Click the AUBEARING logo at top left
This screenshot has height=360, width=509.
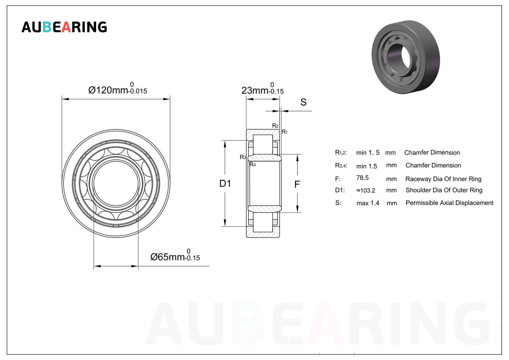tap(64, 27)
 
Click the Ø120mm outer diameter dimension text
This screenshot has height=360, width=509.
tap(117, 88)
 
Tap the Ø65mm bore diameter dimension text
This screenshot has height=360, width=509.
tap(175, 255)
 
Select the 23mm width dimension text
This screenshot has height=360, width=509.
tap(262, 89)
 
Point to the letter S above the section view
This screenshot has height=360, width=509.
tap(303, 102)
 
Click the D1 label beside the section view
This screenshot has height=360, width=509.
tap(225, 183)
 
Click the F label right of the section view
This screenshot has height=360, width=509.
tap(297, 184)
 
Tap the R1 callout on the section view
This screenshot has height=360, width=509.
tap(285, 132)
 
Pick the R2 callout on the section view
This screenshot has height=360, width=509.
tap(275, 125)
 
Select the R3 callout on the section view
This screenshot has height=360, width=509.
tap(243, 157)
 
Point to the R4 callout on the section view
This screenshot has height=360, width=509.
tap(253, 164)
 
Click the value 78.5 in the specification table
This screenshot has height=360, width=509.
tap(362, 178)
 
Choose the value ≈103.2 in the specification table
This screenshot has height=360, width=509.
tap(366, 190)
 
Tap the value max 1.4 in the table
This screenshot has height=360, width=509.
tap(368, 203)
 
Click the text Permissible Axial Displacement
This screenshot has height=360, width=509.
tap(449, 203)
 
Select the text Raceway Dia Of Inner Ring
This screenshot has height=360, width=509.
tap(443, 179)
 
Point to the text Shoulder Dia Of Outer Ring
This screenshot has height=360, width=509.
tap(444, 190)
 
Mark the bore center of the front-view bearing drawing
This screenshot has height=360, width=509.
tap(116, 183)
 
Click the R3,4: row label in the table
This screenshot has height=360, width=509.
tap(341, 165)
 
